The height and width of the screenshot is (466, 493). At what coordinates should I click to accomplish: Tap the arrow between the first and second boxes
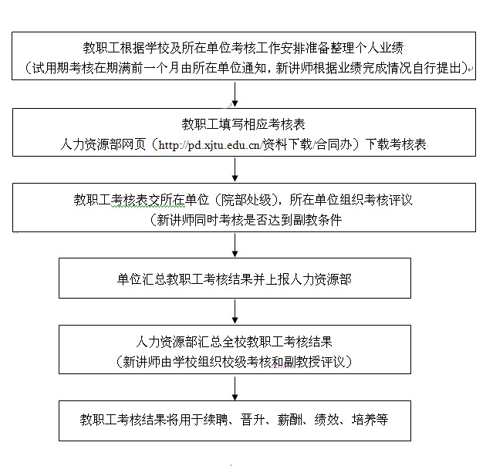pyautogui.click(x=235, y=93)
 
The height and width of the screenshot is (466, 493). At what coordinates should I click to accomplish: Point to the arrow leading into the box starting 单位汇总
pyautogui.click(x=235, y=245)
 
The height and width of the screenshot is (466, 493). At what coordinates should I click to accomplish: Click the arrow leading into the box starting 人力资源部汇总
pyautogui.click(x=235, y=311)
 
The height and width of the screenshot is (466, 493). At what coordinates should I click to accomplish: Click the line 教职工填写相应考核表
pyautogui.click(x=235, y=123)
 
